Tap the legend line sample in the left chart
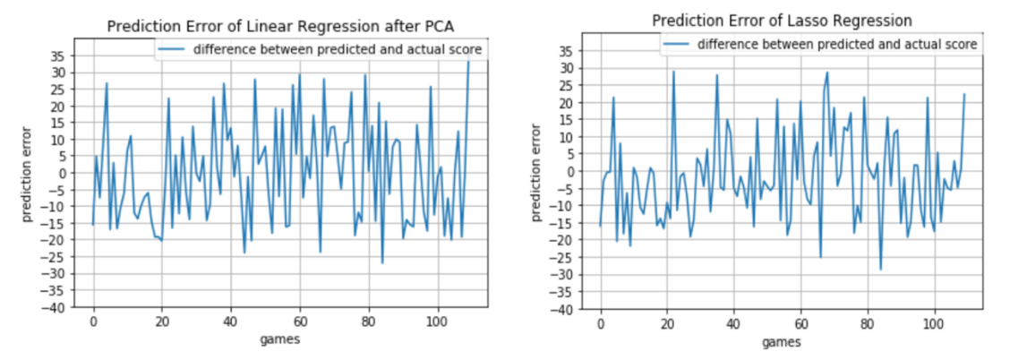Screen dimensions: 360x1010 [x=174, y=50]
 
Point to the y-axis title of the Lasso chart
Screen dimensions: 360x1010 [x=538, y=173]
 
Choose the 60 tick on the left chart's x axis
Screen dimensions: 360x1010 [x=300, y=319]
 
